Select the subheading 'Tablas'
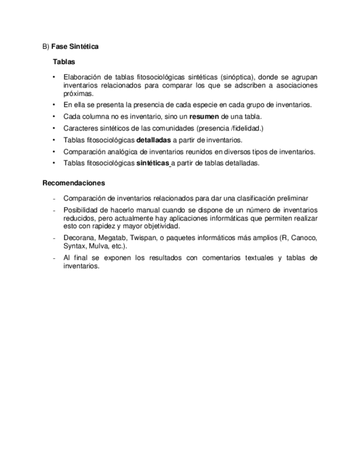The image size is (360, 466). pyautogui.click(x=64, y=62)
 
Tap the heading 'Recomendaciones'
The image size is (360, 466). pyautogui.click(x=74, y=183)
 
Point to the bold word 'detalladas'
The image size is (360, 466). pyautogui.click(x=153, y=140)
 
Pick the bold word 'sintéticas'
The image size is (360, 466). pyautogui.click(x=152, y=163)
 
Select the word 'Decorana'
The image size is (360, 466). pyautogui.click(x=79, y=238)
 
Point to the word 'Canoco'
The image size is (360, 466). pyautogui.click(x=304, y=238)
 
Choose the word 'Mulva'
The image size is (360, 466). pyautogui.click(x=99, y=246)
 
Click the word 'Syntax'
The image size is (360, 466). pyautogui.click(x=74, y=246)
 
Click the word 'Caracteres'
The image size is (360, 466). pyautogui.click(x=81, y=129)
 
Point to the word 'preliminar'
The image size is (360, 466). pyautogui.click(x=292, y=198)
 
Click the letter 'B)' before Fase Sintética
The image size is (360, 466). pyautogui.click(x=46, y=47)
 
